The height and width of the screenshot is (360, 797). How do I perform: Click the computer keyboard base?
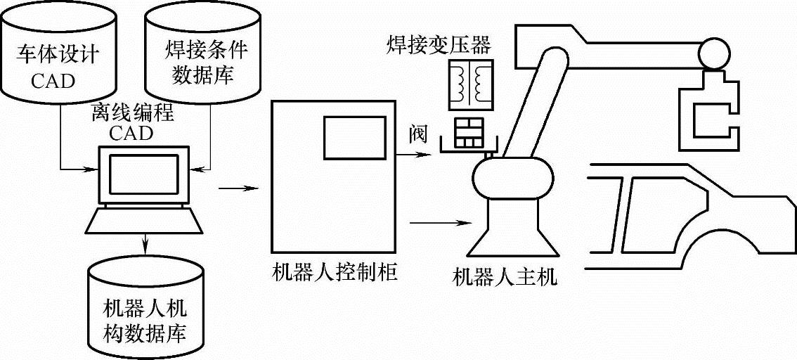145,221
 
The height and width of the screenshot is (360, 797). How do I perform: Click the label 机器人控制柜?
334,273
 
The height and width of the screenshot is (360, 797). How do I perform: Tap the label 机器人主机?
505,277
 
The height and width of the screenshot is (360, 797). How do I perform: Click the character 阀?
417,136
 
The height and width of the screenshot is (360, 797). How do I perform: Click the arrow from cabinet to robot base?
439,224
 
